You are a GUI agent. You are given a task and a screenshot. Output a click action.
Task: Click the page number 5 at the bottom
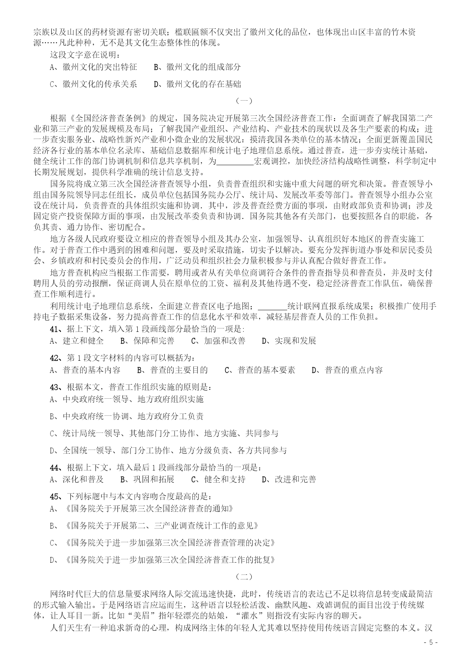[431, 653]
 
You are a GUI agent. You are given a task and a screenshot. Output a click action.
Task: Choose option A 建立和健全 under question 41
[77, 341]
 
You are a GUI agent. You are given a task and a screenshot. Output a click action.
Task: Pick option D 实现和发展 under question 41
[289, 341]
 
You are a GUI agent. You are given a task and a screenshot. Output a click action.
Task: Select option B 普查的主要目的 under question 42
[172, 370]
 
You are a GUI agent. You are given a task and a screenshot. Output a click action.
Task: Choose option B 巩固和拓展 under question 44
[148, 480]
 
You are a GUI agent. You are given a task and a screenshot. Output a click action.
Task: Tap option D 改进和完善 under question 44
[289, 480]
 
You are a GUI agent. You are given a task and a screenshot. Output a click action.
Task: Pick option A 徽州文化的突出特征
[94, 67]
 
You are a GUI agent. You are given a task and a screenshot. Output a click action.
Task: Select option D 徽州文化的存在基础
[197, 84]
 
